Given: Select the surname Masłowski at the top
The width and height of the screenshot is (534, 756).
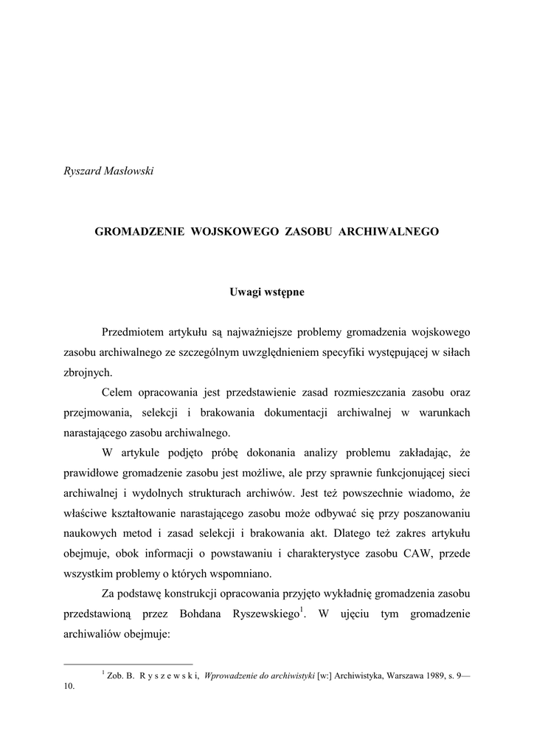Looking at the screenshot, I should tap(128, 171).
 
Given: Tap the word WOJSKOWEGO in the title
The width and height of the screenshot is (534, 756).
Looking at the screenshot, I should tap(223, 232).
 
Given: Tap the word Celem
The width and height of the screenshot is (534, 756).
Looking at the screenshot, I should tap(117, 393).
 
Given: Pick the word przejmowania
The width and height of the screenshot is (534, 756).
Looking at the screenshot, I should tap(97, 413).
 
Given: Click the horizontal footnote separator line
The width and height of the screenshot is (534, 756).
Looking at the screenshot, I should tap(129, 663).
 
